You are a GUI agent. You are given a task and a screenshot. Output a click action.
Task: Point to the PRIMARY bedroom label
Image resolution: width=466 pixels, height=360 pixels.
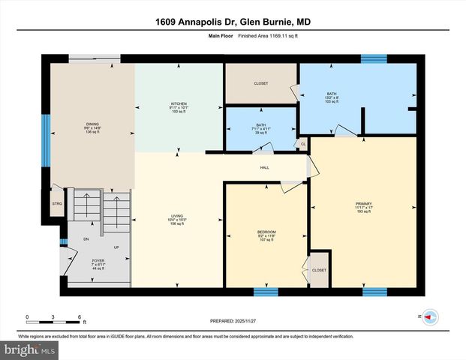coord(363,205)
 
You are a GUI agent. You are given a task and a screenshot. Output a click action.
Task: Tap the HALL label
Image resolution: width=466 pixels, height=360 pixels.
coord(265,168)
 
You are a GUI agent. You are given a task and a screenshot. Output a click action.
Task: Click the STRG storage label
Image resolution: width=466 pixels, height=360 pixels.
coord(57,203)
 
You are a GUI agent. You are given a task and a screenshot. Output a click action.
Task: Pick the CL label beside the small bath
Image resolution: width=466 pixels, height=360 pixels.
coord(303,144)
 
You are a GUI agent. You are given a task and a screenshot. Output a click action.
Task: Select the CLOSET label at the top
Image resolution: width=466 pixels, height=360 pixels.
coord(260,83)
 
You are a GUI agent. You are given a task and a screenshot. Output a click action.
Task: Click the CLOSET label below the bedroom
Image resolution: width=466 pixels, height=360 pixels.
coord(319,270)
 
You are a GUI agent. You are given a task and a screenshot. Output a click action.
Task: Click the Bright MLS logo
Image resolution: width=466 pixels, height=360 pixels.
coord(29,349)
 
